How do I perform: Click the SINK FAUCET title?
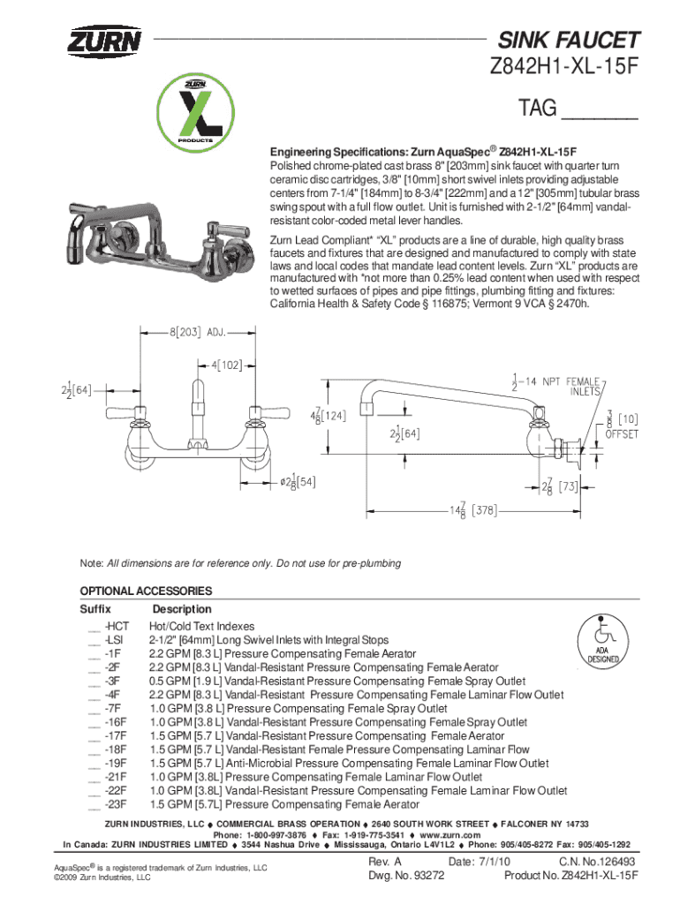point(569,40)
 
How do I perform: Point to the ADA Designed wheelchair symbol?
point(604,643)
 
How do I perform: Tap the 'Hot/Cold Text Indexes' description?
point(201,626)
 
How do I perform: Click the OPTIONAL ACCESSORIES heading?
point(146,591)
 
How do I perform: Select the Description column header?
point(182,609)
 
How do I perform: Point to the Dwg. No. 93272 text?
point(405,876)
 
